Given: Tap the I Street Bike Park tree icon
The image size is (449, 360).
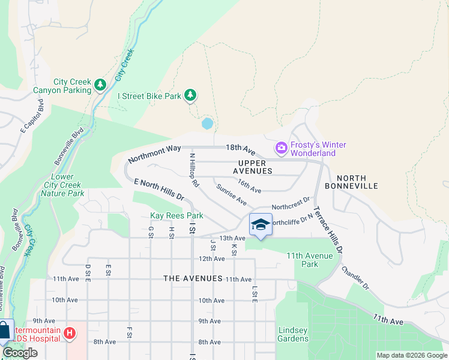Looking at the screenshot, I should (x=190, y=95).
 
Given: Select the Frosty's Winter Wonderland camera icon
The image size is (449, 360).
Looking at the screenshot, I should (x=281, y=147).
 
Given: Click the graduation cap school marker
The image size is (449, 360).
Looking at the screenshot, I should (x=261, y=225).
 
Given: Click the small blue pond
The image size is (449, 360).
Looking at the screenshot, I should (x=208, y=124).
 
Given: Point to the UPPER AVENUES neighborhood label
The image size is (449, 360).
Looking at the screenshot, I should (x=255, y=167).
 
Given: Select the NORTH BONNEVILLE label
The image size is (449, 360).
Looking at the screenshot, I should (x=357, y=182).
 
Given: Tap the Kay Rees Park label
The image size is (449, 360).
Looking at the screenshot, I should (x=176, y=215).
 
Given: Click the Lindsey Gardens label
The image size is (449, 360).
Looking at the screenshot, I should (x=292, y=334).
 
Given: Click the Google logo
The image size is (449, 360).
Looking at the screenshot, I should (x=20, y=353).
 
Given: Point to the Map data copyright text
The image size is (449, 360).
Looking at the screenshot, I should (x=411, y=355).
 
